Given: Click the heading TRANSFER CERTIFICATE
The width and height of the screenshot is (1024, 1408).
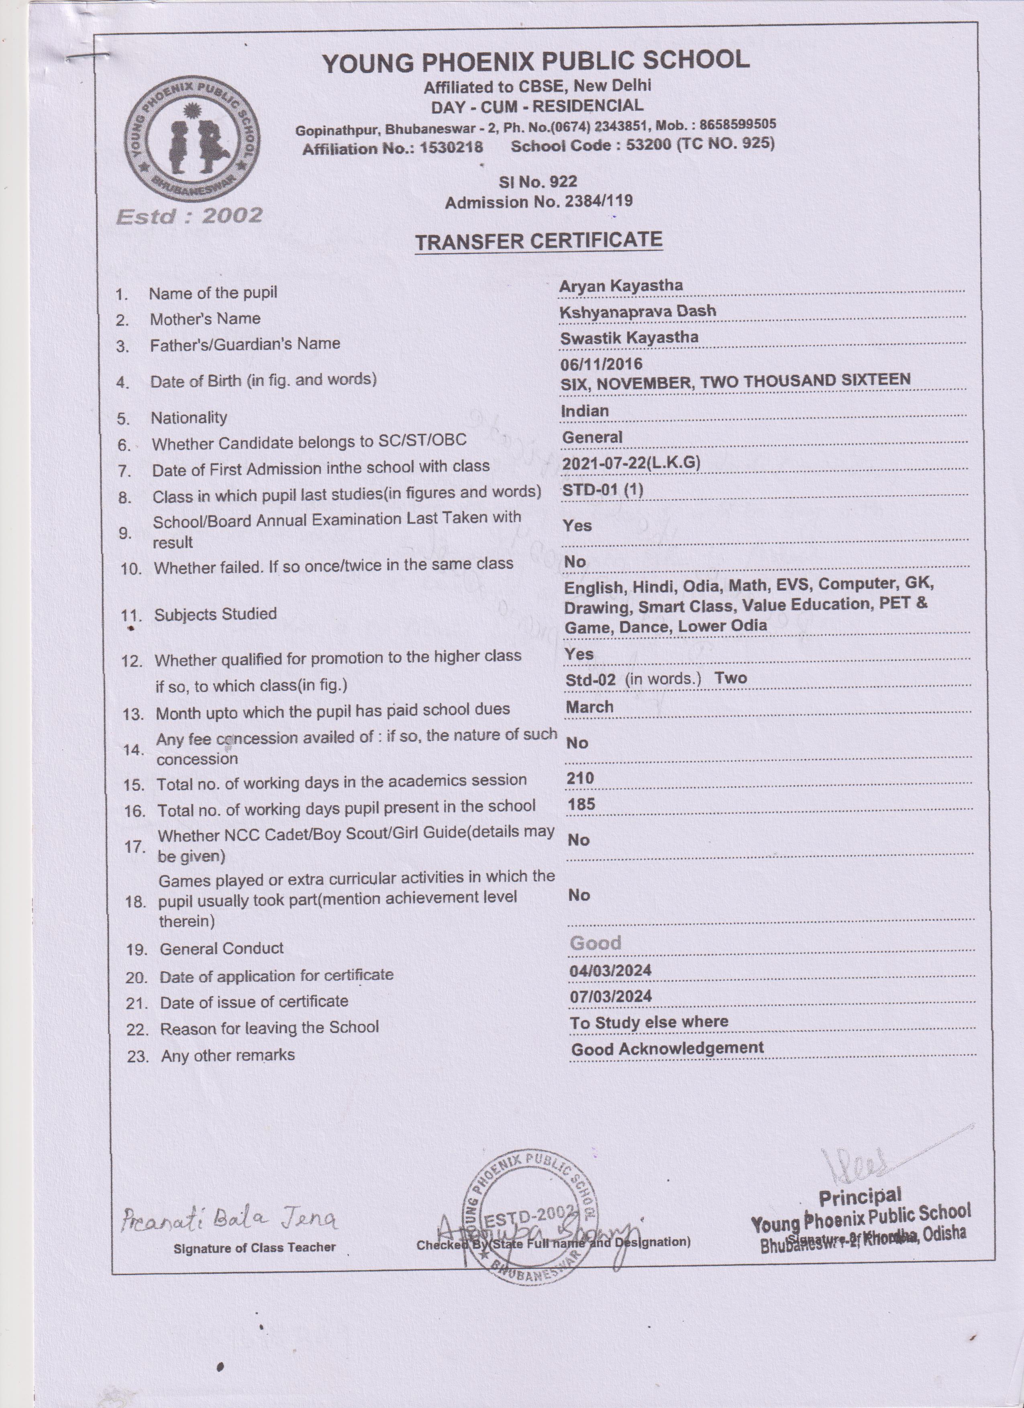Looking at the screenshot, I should [x=539, y=241].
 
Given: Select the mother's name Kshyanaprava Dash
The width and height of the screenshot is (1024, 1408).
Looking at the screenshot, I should [x=638, y=311].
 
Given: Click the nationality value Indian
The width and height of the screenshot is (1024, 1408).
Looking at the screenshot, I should [x=584, y=411].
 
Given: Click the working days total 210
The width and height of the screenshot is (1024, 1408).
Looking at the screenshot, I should [x=580, y=778].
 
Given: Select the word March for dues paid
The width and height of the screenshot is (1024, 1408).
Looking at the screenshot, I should [x=590, y=707].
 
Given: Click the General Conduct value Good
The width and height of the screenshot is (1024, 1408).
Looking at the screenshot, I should [x=595, y=943].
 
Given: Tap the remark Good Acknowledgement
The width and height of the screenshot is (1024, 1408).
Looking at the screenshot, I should [x=667, y=1049].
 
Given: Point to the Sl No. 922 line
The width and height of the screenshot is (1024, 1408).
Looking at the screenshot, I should [x=538, y=182].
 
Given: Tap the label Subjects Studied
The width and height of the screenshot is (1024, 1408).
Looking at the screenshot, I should [x=215, y=614].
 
